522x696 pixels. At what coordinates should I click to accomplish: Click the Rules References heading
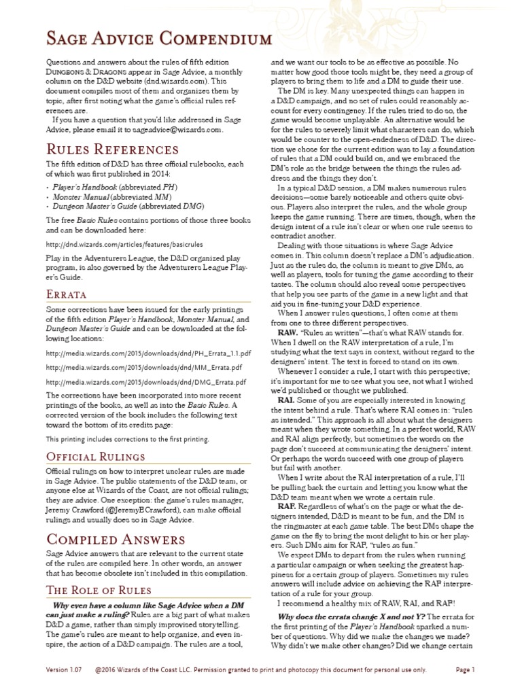112,149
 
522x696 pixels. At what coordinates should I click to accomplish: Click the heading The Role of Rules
99,589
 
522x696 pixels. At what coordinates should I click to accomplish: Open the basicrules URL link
124,243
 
